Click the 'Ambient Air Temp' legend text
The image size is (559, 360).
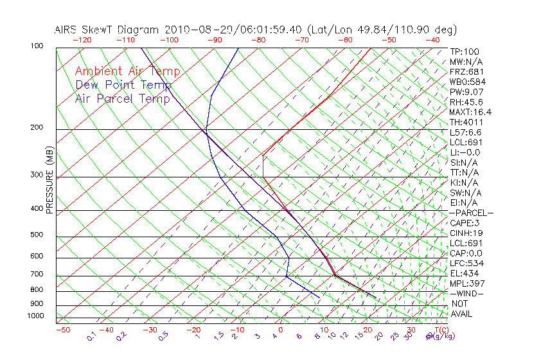127,71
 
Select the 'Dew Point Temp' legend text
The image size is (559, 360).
123,85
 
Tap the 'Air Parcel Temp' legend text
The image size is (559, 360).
122,98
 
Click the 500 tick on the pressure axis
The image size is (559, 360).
37,235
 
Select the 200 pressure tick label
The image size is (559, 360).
37,128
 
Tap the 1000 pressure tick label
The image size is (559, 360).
35,316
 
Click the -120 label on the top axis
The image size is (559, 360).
82,40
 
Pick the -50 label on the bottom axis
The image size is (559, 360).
62,330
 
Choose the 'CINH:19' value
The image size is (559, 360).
466,233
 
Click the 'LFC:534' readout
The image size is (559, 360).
466,264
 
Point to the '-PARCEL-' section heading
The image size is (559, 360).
472,213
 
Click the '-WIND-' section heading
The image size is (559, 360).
467,294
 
